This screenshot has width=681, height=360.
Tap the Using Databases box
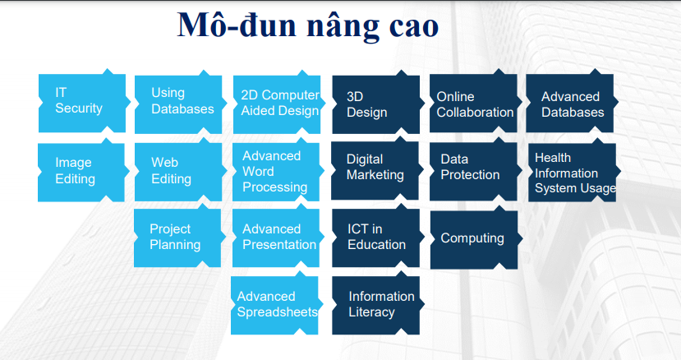[x=178, y=102]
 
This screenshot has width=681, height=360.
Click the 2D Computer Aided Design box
[x=276, y=103]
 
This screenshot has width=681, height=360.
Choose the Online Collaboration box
[x=474, y=104]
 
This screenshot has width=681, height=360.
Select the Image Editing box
[x=81, y=171]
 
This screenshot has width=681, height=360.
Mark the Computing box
[x=472, y=238]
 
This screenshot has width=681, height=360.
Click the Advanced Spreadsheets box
[x=275, y=304]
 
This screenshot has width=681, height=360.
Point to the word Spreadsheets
[x=277, y=312]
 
